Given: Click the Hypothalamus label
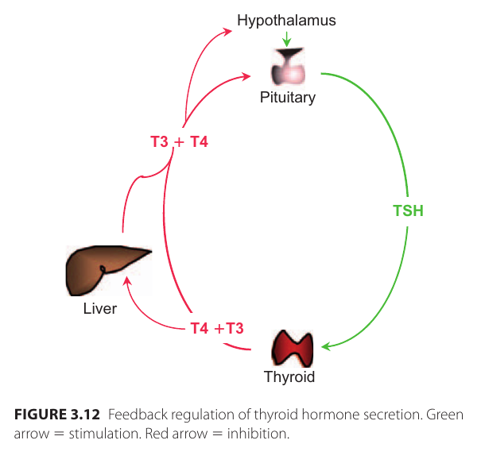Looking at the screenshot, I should tap(286, 21).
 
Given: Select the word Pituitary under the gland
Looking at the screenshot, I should tap(287, 98).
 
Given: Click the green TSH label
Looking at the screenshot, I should tap(408, 211).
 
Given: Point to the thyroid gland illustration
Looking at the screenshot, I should tap(293, 348).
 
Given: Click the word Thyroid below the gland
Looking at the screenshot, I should tap(289, 377).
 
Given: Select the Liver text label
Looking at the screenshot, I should tap(99, 308).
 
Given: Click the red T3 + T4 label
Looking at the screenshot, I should tap(179, 143).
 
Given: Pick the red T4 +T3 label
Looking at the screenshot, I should tap(216, 328).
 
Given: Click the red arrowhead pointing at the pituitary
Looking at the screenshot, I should tap(247, 75).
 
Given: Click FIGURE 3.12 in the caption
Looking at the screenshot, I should tap(56, 415).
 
